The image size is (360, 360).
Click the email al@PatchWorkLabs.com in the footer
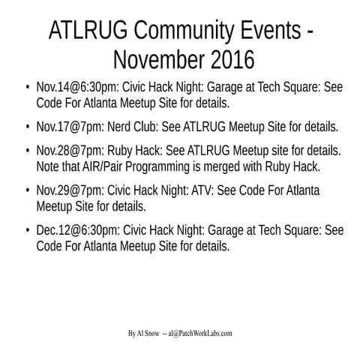point(201,333)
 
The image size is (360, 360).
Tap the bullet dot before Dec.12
point(28,230)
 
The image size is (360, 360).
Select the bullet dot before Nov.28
point(28,150)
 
